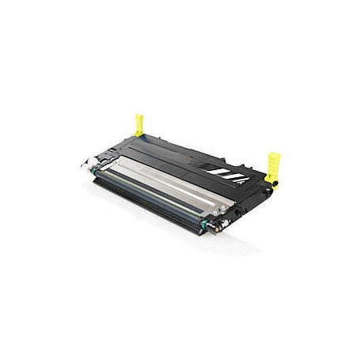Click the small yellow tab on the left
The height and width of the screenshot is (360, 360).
click(140, 124)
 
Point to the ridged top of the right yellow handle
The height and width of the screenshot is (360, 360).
click(274, 156)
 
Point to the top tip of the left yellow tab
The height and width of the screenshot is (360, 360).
click(139, 116)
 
